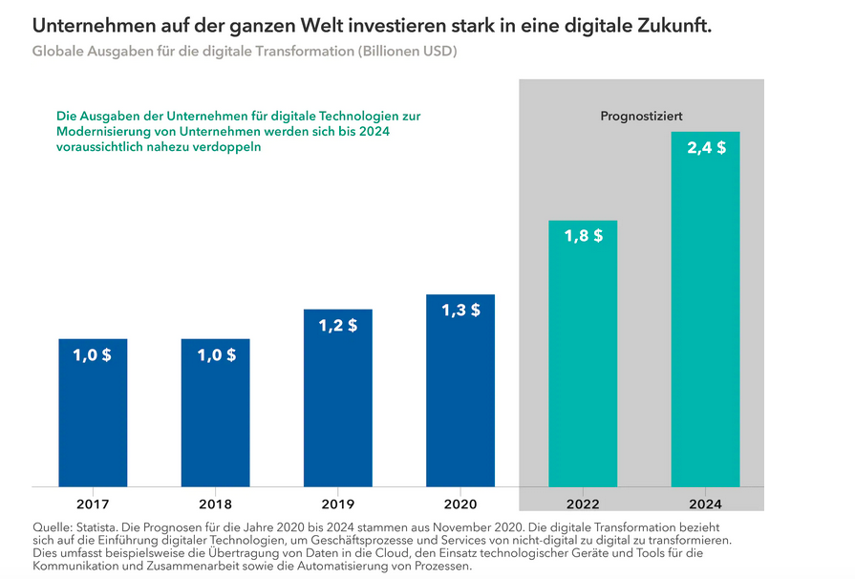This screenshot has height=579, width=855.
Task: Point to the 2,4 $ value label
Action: click(706, 148)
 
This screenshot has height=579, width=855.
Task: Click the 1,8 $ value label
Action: click(583, 236)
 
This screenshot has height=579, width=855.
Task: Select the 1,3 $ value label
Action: click(460, 311)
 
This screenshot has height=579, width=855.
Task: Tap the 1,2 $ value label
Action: click(338, 325)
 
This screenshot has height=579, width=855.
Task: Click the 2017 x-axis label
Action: click(93, 504)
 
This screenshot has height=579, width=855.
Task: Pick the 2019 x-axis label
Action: click(338, 504)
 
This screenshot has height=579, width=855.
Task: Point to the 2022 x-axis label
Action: click(583, 504)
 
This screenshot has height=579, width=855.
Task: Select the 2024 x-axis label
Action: click(705, 504)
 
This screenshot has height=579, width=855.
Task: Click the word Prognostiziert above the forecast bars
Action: click(641, 117)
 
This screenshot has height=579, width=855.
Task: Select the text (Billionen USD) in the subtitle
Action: click(406, 52)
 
